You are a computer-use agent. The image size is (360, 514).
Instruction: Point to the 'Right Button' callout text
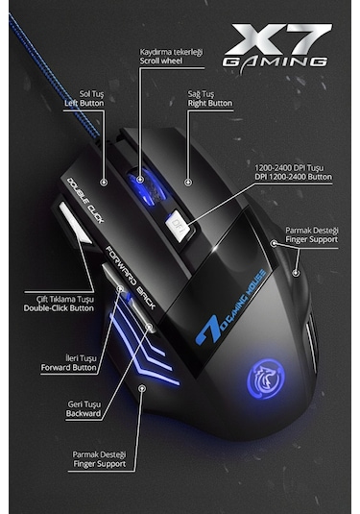(209, 102)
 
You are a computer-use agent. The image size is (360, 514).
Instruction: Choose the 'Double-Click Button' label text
(59, 307)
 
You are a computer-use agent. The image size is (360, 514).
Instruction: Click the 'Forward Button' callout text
(69, 367)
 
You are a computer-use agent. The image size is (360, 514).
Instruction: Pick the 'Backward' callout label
(84, 414)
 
